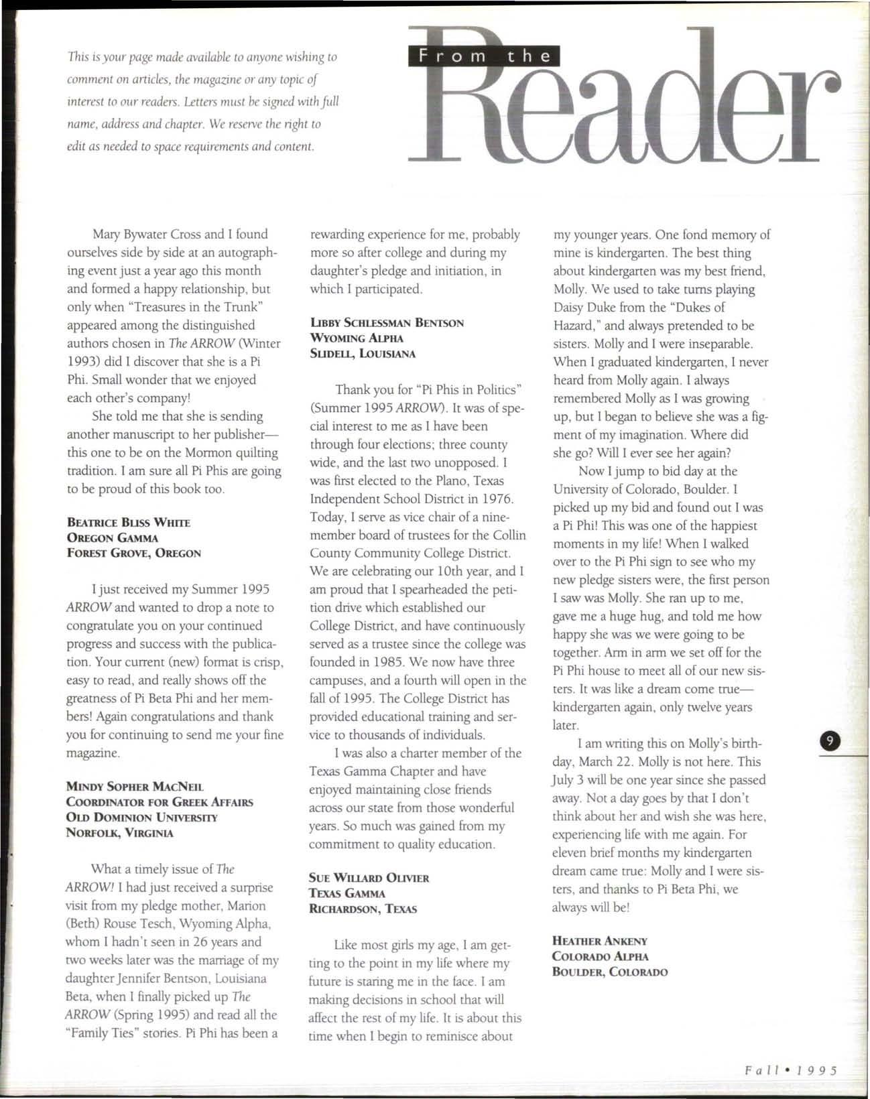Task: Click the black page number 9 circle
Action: [830, 741]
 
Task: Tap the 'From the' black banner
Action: [483, 56]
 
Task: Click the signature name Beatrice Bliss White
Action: [128, 522]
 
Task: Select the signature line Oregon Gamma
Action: [112, 537]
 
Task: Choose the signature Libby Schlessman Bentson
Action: [387, 322]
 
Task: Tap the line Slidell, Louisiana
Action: [363, 353]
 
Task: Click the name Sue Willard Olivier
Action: [369, 878]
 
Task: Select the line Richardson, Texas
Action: [363, 909]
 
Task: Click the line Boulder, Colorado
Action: [609, 972]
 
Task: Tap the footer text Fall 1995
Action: [792, 1070]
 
